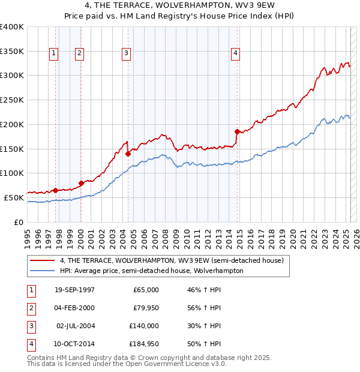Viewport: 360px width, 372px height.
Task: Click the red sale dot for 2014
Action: (237, 131)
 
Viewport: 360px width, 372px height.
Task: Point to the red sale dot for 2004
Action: (128, 153)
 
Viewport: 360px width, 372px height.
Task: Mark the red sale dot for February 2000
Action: (81, 182)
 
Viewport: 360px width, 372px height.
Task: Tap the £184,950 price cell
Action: (144, 344)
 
